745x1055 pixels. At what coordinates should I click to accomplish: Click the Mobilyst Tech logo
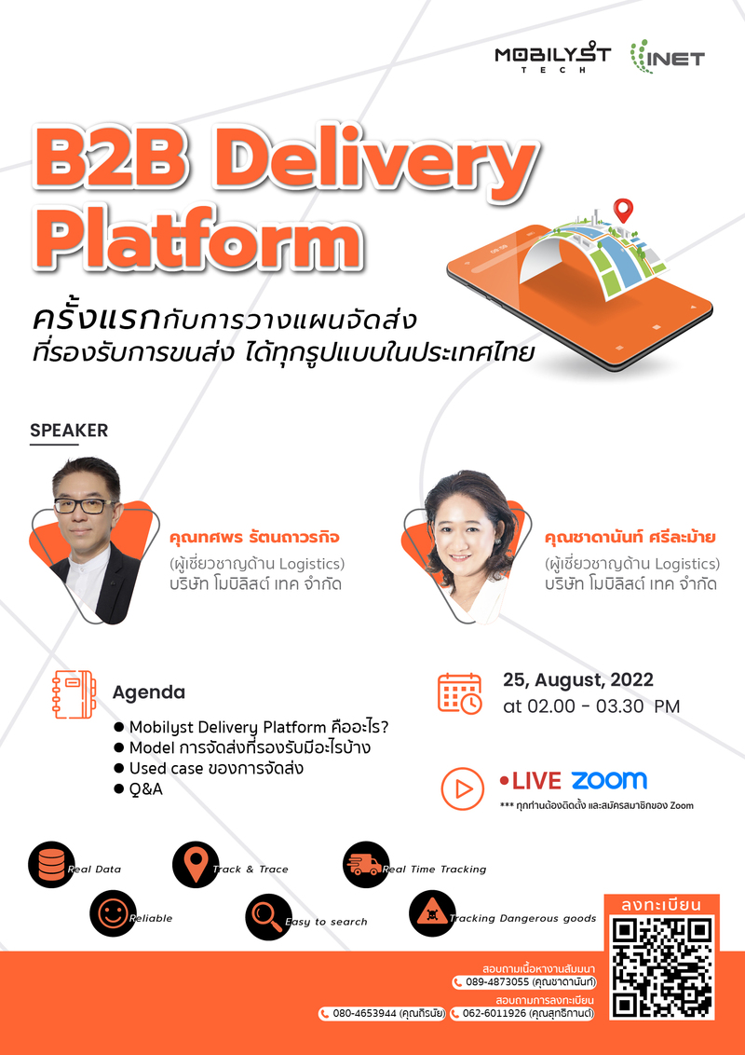(x=552, y=59)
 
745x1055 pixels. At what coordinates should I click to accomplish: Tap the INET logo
(x=667, y=58)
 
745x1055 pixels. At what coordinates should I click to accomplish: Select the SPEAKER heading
(x=69, y=431)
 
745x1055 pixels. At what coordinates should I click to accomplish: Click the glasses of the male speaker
(x=85, y=505)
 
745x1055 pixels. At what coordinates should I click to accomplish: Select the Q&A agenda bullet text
(x=147, y=788)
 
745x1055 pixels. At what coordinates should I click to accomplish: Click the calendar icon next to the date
(x=460, y=693)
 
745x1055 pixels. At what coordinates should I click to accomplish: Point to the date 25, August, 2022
(x=577, y=679)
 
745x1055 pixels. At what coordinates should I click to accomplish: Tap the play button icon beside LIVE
(x=462, y=788)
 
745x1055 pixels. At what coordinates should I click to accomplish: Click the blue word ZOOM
(x=609, y=780)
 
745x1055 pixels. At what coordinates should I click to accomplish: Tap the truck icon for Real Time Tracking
(x=365, y=865)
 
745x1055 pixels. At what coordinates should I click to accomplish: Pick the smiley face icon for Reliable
(x=113, y=914)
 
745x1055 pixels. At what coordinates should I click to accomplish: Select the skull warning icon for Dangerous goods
(x=431, y=914)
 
